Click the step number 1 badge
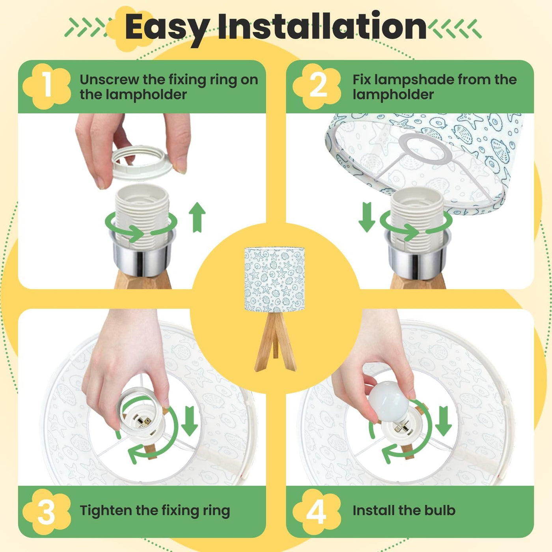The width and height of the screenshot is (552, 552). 47,86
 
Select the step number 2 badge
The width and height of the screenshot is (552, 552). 317,86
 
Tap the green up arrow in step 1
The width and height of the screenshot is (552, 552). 197,217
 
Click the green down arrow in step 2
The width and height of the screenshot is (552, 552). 367,217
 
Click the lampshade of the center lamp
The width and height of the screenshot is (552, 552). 274,280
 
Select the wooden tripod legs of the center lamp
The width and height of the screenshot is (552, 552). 275,341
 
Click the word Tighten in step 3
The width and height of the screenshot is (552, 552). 106,511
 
